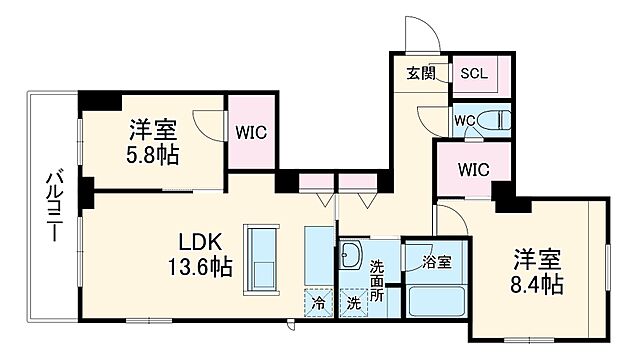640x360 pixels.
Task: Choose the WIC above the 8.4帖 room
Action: (x=473, y=168)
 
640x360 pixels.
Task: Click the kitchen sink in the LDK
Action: (x=261, y=256)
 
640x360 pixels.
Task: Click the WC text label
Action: (x=462, y=122)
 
